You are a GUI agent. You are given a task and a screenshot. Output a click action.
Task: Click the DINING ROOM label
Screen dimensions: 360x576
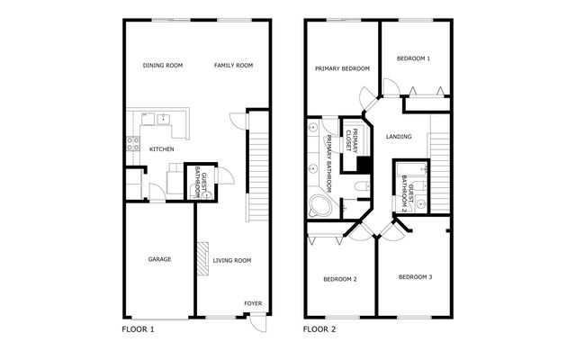coord(163,66)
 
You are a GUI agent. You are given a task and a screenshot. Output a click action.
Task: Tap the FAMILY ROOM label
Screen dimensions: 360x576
coord(233,66)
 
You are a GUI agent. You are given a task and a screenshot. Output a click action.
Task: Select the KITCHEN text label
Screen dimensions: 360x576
coord(161,149)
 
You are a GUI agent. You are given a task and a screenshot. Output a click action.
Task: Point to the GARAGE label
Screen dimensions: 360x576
coord(159,259)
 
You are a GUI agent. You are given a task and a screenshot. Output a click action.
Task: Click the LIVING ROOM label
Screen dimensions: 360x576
coord(232,260)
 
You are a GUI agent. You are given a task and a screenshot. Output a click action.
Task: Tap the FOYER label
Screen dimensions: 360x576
coord(253,303)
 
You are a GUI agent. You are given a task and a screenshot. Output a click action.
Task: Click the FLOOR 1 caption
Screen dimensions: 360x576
coord(138,329)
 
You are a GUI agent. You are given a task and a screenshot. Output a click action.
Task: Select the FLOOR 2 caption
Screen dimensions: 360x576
coord(319,329)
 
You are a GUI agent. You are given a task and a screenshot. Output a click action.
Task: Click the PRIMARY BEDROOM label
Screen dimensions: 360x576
coord(342,68)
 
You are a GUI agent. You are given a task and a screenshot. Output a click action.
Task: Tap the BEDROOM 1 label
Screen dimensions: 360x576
coord(414,58)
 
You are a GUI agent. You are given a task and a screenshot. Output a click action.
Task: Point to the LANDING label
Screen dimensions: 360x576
coord(398,137)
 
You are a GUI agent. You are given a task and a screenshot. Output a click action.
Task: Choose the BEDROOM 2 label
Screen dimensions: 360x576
coord(340,279)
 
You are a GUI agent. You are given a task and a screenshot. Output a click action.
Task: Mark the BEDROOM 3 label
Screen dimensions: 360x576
coord(415,276)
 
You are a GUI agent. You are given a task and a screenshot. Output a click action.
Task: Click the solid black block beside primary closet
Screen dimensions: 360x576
coord(364,165)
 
